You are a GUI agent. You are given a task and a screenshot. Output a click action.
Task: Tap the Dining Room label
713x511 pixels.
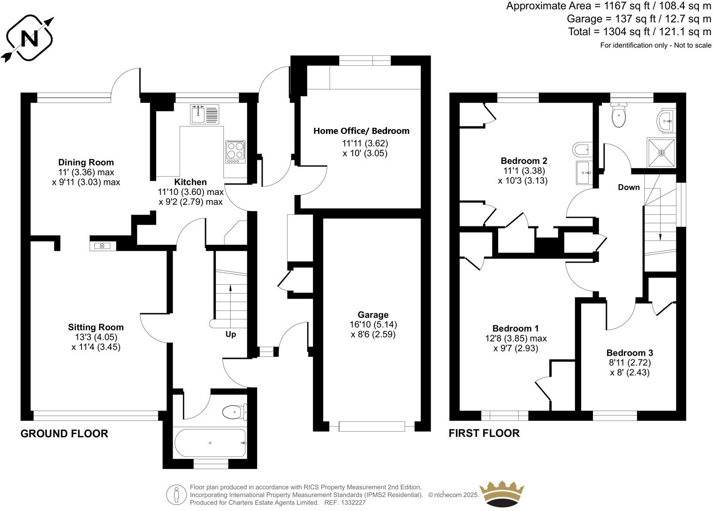(x=86, y=163)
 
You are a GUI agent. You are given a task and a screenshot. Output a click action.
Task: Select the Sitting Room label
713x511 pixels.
(x=96, y=327)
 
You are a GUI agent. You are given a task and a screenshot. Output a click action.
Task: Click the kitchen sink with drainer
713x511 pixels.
(x=205, y=114)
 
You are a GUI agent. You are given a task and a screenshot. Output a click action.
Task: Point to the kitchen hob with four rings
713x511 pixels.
(x=235, y=152)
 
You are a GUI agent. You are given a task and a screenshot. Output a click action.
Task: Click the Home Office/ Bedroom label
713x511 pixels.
(x=361, y=131)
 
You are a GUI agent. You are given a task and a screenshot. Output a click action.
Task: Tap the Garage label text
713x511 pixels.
(x=373, y=315)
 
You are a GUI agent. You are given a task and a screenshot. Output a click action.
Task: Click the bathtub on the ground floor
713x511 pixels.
(x=209, y=443)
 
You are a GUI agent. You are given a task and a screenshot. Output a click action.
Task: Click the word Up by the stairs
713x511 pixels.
(x=231, y=334)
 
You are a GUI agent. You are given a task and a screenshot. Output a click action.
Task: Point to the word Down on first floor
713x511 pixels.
(x=629, y=187)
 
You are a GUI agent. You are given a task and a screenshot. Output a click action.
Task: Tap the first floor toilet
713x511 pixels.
(x=619, y=115)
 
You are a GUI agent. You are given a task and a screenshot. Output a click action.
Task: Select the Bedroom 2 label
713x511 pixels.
(x=524, y=161)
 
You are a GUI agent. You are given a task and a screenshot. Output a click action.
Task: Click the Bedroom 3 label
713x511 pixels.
(x=630, y=353)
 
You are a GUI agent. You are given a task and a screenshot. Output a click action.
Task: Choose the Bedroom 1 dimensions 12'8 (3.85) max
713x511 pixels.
(x=516, y=338)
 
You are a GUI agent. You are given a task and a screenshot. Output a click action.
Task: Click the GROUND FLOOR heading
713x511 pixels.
(x=64, y=434)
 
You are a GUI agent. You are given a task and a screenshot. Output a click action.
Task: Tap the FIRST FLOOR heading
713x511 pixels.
(x=484, y=433)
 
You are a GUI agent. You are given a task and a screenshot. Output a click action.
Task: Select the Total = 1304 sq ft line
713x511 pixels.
(x=639, y=32)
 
